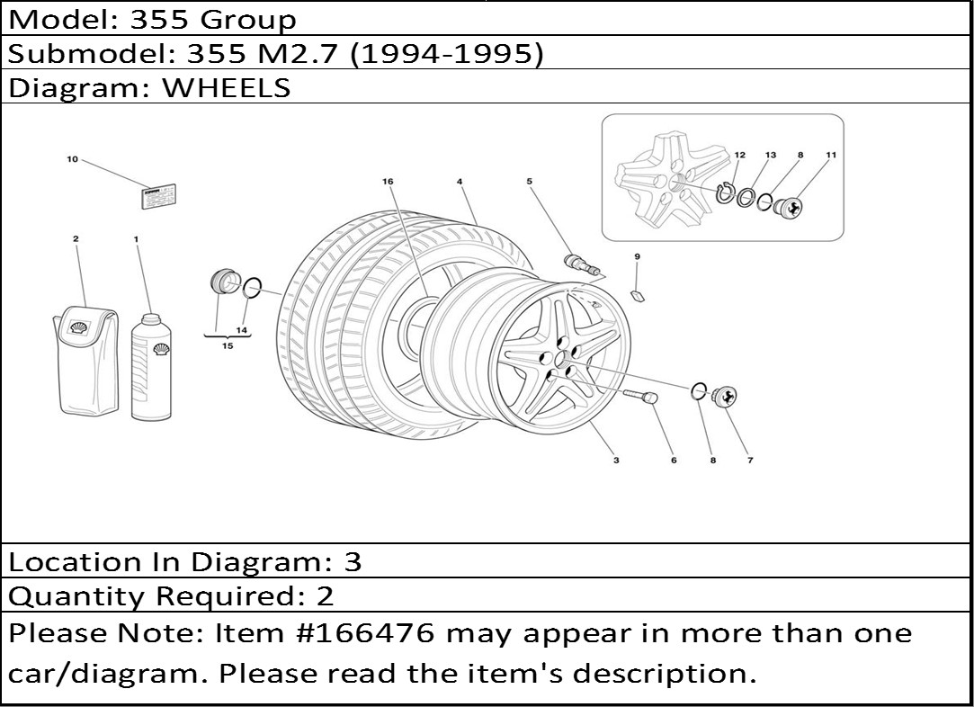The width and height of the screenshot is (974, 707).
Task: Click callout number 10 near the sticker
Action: (x=73, y=160)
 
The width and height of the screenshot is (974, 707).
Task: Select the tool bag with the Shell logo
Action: (x=85, y=361)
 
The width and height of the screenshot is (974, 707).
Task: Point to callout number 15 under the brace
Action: (x=228, y=346)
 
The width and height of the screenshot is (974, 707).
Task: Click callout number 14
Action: (x=242, y=330)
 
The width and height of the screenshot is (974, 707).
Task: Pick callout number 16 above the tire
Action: (x=388, y=182)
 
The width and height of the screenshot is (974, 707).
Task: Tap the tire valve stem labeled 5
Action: (x=581, y=264)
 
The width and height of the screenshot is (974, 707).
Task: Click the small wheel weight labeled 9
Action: (x=638, y=294)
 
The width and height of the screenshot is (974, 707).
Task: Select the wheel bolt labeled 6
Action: (x=639, y=396)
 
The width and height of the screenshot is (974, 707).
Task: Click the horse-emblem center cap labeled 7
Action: (x=724, y=397)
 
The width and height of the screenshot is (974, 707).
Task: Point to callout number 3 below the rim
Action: (x=616, y=461)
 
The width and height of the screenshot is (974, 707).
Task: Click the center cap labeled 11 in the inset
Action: (x=789, y=207)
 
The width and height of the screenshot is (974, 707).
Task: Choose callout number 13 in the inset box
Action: (x=770, y=155)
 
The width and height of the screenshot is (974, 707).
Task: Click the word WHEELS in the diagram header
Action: (x=226, y=87)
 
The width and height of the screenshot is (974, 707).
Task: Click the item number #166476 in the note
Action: (x=362, y=633)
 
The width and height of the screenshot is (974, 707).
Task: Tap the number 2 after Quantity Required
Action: (x=326, y=595)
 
